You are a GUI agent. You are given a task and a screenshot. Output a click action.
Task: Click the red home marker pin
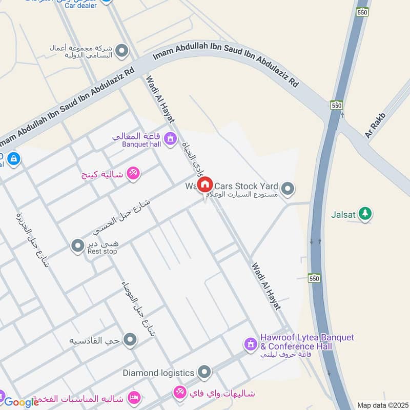click(x=205, y=185)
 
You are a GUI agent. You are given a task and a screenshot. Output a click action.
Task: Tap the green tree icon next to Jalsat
click(x=365, y=213)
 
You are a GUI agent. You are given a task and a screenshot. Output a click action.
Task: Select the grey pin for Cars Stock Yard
click(x=288, y=189)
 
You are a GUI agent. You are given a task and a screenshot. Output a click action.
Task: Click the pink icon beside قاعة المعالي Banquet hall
click(x=170, y=138)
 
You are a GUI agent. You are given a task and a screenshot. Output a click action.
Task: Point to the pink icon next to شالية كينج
click(x=133, y=174)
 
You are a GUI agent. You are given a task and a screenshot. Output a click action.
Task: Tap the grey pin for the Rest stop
click(x=77, y=247)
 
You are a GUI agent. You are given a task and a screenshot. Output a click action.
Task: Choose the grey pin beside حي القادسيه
click(x=131, y=340)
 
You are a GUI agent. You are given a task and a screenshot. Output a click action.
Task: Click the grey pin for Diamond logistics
click(x=204, y=373)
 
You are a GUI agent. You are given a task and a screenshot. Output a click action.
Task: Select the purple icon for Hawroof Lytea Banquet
click(x=250, y=344)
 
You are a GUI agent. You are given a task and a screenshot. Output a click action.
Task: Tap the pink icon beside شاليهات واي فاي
click(x=179, y=393)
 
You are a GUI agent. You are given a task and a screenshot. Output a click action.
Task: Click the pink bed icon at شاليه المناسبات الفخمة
click(x=134, y=398)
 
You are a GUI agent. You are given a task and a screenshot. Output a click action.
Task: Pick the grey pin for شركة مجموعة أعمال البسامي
click(x=121, y=51)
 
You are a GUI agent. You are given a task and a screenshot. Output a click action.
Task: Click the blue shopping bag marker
click(x=13, y=158)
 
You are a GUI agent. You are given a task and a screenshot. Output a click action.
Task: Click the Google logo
click(x=22, y=402)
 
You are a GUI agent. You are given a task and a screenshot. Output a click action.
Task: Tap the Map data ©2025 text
click(x=382, y=405)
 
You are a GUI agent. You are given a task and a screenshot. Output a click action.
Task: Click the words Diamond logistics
click(x=158, y=373)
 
